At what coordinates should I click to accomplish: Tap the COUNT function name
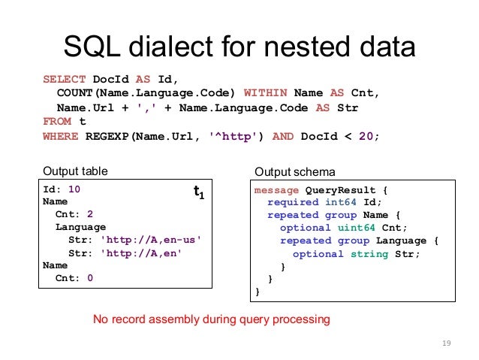72,93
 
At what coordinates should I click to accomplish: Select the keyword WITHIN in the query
267,93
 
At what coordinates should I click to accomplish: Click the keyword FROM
56,122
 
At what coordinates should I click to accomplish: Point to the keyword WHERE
59,136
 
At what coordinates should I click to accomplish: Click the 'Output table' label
74,171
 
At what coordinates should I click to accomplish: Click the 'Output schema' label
294,171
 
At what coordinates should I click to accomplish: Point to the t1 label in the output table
199,193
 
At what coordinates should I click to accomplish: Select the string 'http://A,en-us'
151,240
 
